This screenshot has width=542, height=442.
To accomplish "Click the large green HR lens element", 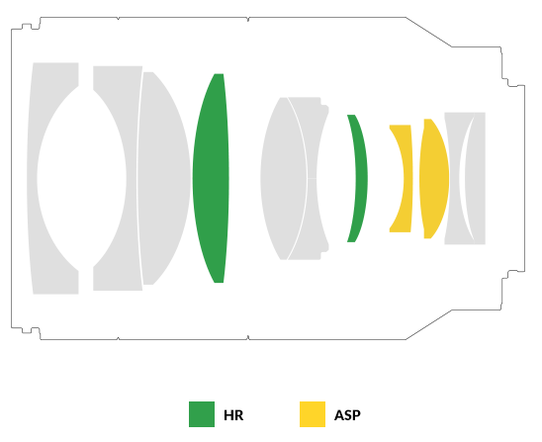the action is [x=211, y=178].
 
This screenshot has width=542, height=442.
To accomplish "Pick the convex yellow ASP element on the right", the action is [x=434, y=178].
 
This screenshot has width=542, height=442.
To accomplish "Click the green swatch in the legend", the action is [x=202, y=414].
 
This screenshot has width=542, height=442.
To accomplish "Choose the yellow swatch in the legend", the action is [x=313, y=414].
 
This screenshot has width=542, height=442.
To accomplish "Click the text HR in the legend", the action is [x=233, y=415].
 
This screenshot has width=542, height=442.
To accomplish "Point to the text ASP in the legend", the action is [x=347, y=415].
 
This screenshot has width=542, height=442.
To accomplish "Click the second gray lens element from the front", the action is [x=134, y=178].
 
